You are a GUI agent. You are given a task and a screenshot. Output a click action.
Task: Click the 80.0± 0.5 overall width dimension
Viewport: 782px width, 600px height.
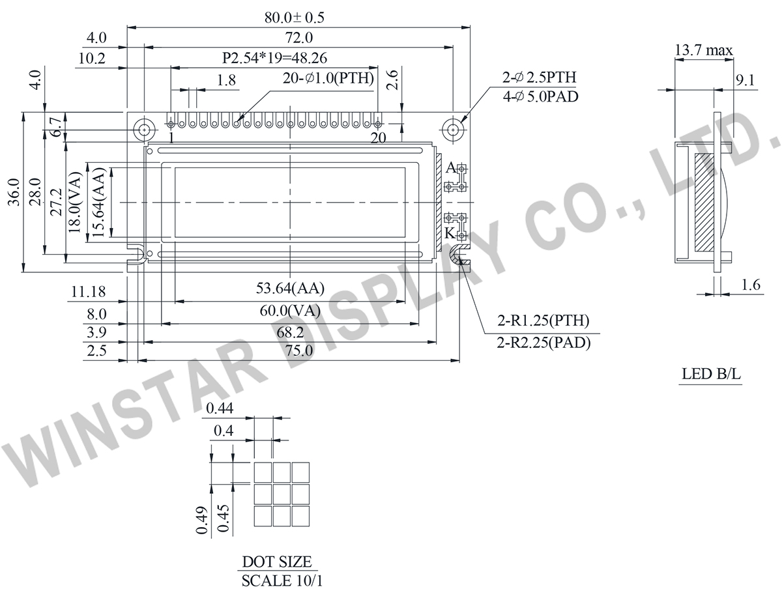[294, 18]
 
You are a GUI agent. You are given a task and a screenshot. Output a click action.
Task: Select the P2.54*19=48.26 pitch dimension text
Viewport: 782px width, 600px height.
[274, 58]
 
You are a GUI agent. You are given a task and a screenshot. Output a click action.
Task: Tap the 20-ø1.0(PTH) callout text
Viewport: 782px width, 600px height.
[328, 78]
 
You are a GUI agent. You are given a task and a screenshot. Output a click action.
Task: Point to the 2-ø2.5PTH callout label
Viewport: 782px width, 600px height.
[539, 77]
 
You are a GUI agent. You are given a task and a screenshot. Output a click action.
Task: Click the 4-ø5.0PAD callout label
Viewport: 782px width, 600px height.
[540, 96]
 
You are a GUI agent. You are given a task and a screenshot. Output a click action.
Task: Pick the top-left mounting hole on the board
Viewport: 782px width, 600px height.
[144, 129]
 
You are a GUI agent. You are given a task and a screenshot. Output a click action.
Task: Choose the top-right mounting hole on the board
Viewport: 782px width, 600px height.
[452, 129]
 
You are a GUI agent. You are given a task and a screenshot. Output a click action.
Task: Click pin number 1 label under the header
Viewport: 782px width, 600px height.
[171, 137]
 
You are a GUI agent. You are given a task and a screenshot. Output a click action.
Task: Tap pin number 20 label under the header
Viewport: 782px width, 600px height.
[378, 137]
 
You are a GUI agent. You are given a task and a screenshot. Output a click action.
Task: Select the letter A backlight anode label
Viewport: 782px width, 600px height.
[450, 167]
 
